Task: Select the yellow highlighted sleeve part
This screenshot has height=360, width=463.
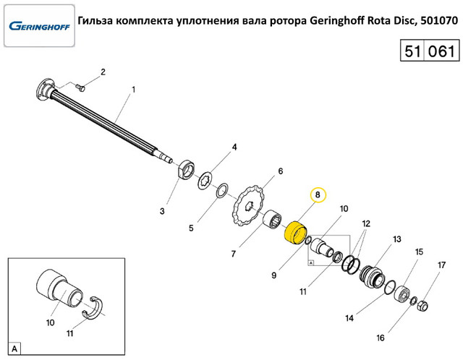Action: (x=295, y=233)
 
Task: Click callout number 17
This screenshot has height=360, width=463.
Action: (x=441, y=265)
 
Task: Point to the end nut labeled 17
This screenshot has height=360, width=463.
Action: (x=421, y=307)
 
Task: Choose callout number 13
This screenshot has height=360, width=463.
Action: (x=396, y=239)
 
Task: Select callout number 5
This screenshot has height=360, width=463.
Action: (x=191, y=228)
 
